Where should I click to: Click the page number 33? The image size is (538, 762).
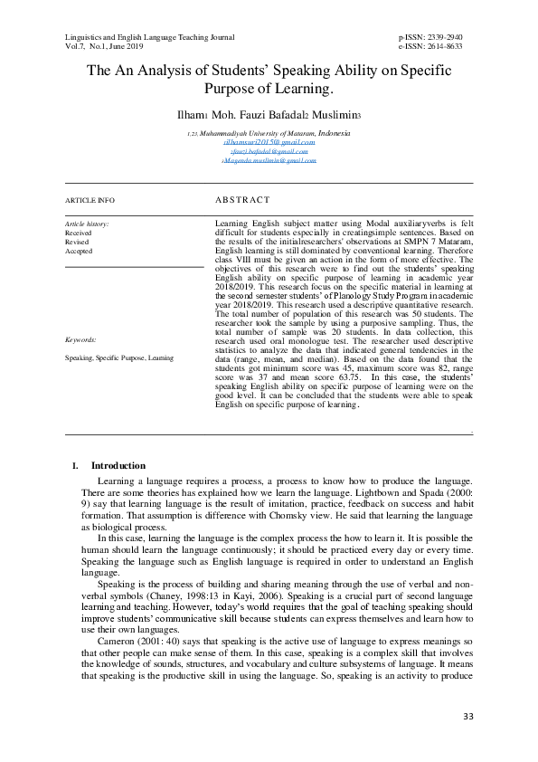pos(467,717)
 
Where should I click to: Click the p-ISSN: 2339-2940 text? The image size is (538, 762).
pos(436,37)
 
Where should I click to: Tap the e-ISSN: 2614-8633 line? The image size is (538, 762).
pos(436,46)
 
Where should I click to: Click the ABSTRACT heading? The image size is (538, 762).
pos(242,199)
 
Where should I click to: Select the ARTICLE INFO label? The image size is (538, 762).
pos(90,199)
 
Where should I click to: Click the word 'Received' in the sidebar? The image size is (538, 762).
pos(79,233)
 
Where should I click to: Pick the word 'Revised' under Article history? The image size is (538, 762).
pos(77,242)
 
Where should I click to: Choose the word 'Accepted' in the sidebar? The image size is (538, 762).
pos(79,251)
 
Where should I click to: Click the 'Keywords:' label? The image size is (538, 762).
pos(81,340)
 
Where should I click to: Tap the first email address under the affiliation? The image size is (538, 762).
pos(269,142)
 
